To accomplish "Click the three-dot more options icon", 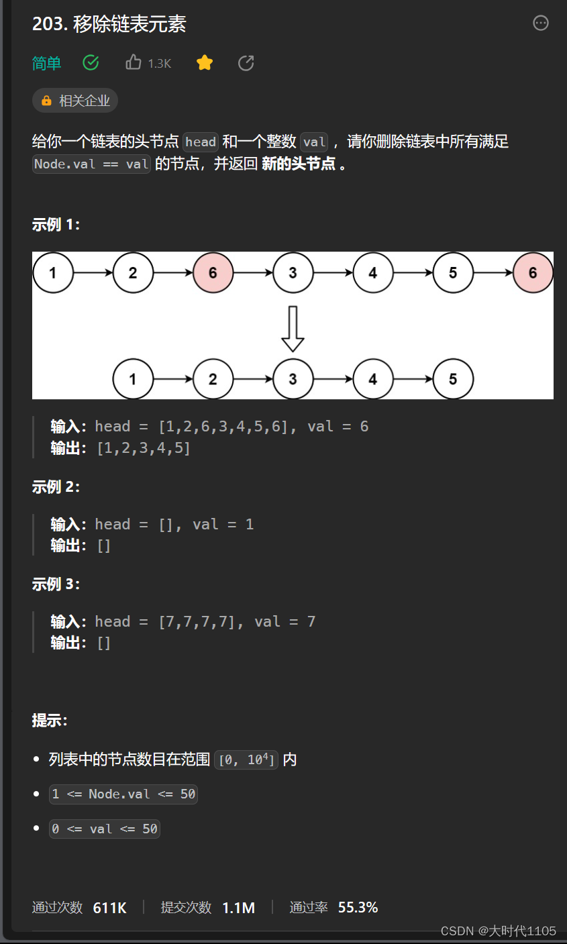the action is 540,23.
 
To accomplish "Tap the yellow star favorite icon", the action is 205,63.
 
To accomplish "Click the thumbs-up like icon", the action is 133,63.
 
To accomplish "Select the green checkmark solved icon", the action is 91,63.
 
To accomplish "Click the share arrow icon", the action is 246,63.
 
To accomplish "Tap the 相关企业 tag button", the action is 75,101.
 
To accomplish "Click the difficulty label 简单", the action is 46,64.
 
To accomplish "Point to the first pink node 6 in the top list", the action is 213,273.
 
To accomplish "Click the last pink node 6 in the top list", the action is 533,273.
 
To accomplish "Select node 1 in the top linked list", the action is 52,273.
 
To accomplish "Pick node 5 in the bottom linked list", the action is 453,379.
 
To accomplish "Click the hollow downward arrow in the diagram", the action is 293,329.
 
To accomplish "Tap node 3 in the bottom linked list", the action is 293,379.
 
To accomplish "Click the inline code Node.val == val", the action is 91,164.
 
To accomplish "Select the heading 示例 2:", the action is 56,487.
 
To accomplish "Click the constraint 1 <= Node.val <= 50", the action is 123,794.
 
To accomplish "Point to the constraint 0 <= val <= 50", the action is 105,829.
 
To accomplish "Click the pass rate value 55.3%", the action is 358,908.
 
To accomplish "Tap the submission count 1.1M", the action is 238,908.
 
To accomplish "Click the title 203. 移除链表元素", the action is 109,24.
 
